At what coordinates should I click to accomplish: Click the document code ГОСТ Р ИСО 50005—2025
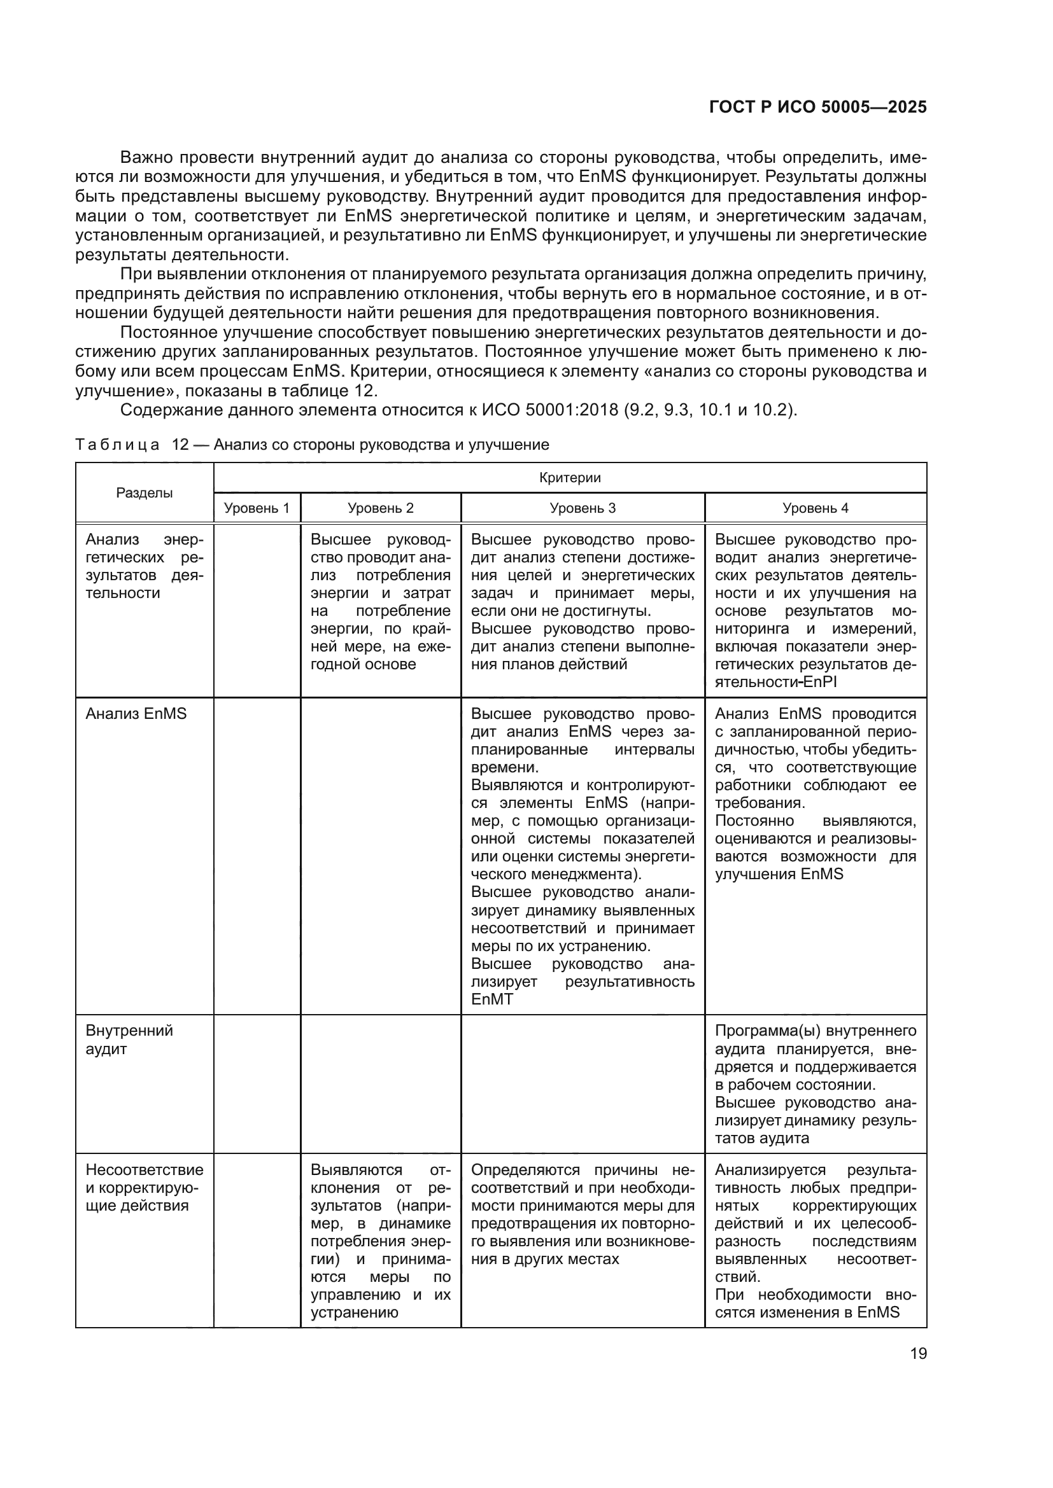point(817,108)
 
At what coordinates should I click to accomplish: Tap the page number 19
point(918,1353)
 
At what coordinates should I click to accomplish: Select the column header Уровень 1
point(257,508)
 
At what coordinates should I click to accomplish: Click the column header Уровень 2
point(381,508)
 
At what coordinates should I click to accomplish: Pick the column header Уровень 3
point(583,508)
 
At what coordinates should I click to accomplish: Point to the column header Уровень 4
point(815,508)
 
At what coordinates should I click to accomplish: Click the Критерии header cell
point(570,478)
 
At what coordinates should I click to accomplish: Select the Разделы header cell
point(145,492)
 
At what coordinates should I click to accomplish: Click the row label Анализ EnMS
point(136,714)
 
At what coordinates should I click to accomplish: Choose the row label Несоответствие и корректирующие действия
point(144,1187)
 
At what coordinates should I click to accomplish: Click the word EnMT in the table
point(491,999)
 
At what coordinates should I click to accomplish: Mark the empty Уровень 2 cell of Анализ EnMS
point(381,856)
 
